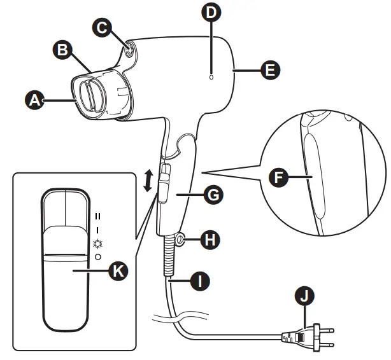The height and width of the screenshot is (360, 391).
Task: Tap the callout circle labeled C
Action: (101, 27)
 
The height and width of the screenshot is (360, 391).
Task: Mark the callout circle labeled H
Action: (209, 240)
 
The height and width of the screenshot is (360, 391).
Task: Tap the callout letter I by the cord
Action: (201, 280)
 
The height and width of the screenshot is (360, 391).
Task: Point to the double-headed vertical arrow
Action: (148, 181)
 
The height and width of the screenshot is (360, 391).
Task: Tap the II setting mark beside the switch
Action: (97, 216)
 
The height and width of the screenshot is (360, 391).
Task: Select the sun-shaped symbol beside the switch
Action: (97, 243)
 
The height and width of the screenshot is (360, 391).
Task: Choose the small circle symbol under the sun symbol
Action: (97, 256)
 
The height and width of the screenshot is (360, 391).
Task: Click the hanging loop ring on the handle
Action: (180, 240)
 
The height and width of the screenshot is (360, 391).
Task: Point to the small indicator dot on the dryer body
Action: (211, 76)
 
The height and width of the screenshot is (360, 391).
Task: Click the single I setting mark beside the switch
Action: (97, 230)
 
